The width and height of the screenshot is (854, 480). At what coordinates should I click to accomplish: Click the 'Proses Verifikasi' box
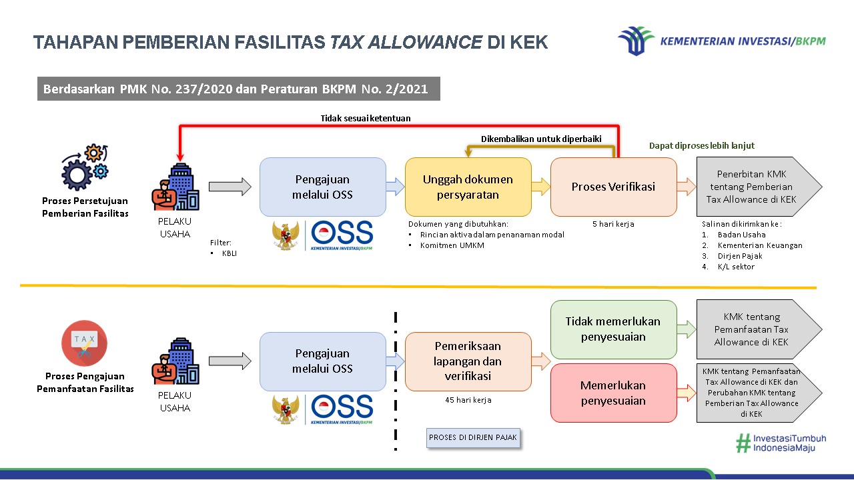(613, 187)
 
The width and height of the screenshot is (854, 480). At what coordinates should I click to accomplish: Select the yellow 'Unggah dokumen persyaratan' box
(468, 187)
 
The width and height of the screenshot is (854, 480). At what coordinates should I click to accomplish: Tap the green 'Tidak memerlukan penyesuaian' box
(613, 329)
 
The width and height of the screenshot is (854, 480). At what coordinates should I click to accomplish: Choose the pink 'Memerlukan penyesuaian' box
(613, 393)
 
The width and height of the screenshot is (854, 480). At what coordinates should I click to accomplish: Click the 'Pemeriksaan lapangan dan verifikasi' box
(468, 361)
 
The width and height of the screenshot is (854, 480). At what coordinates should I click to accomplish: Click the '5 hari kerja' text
(613, 224)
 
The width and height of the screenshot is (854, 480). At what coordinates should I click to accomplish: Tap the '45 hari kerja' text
(468, 400)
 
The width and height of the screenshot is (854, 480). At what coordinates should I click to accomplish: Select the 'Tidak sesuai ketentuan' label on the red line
(366, 118)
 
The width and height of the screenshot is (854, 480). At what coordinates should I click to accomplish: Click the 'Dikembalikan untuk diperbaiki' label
(541, 139)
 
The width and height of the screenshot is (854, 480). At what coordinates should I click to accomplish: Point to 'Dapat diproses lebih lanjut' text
(702, 145)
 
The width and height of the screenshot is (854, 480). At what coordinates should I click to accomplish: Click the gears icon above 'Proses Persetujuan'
(85, 167)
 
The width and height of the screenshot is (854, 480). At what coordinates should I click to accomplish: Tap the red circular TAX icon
(85, 343)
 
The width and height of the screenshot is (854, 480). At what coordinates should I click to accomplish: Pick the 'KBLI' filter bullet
(230, 253)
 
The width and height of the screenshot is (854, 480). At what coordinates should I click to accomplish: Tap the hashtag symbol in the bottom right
(743, 444)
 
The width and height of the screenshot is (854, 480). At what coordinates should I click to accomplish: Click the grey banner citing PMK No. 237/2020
(238, 89)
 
